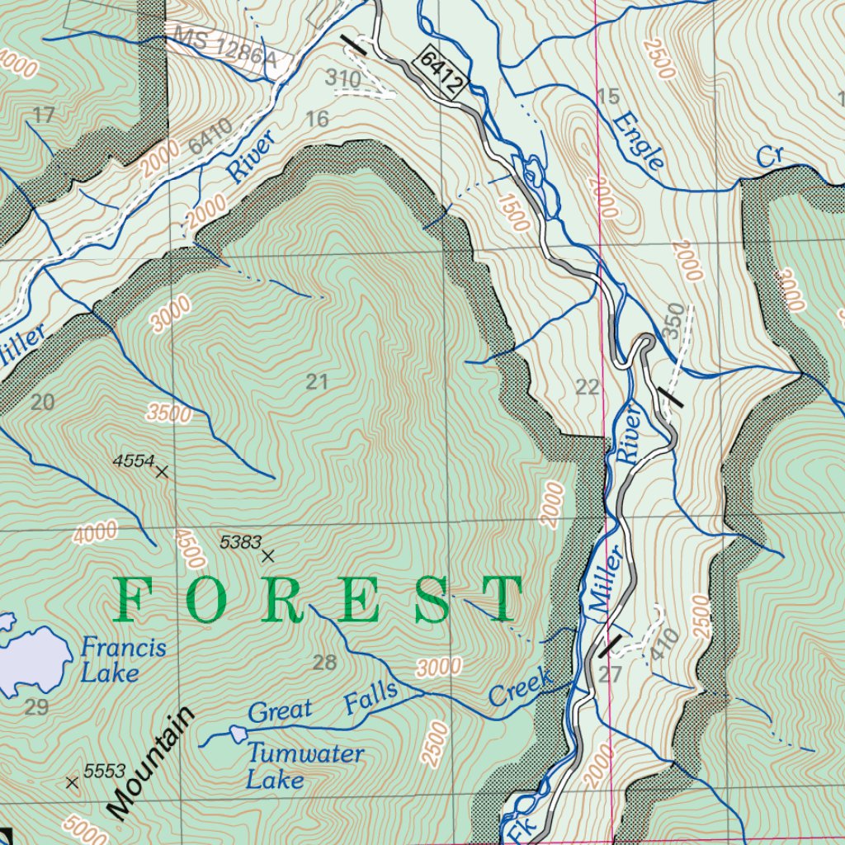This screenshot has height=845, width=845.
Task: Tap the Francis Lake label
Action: (123, 660)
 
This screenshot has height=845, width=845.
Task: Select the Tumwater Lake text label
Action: (304, 766)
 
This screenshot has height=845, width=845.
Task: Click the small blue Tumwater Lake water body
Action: (238, 734)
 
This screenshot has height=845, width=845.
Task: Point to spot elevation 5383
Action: (267, 556)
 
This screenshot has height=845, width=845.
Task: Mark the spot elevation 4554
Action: (162, 472)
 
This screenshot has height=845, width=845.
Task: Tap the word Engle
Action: (638, 140)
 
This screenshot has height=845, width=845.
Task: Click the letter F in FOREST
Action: (136, 600)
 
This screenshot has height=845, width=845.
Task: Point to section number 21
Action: (317, 382)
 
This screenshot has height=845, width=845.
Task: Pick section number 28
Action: (325, 662)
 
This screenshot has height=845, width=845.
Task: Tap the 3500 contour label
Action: (170, 413)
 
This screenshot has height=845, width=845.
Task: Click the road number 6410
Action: (210, 136)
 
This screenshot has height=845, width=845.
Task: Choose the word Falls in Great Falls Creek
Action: (371, 697)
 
